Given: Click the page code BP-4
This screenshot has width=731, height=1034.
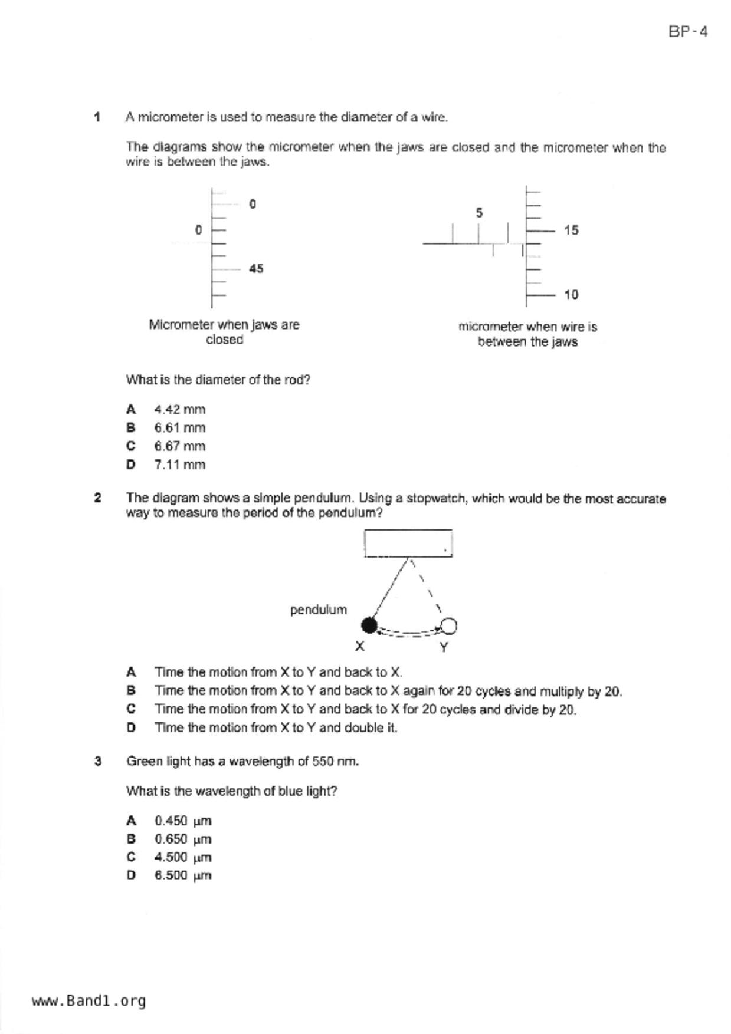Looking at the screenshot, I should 687,32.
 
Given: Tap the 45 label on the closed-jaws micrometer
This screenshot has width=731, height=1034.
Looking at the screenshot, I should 255,269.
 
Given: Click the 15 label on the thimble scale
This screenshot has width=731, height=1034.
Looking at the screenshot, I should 571,230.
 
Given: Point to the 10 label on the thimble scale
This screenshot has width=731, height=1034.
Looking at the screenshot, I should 571,295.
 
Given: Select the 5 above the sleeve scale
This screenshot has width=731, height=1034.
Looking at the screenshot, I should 479,212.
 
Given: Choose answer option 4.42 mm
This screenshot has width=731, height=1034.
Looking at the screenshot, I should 179,409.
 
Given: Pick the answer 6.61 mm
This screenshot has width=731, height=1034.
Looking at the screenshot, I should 179,427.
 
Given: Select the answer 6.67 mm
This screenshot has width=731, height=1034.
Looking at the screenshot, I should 179,446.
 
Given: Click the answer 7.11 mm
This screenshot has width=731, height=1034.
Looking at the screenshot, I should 179,465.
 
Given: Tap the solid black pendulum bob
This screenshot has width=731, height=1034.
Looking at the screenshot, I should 369,625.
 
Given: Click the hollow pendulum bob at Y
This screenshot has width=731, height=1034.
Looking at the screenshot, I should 448,625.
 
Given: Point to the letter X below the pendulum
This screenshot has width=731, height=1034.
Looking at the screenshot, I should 360,647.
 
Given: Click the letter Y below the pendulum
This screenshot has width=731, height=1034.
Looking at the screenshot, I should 444,647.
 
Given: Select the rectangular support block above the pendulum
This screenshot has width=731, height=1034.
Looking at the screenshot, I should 408,543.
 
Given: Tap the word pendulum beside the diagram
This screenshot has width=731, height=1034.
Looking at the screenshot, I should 318,610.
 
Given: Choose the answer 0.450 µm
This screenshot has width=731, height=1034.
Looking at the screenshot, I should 182,821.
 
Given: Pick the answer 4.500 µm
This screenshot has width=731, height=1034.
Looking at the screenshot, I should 182,857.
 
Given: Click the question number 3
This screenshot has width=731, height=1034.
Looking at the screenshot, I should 98,761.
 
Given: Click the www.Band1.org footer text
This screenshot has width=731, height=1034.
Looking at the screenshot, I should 88,1001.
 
